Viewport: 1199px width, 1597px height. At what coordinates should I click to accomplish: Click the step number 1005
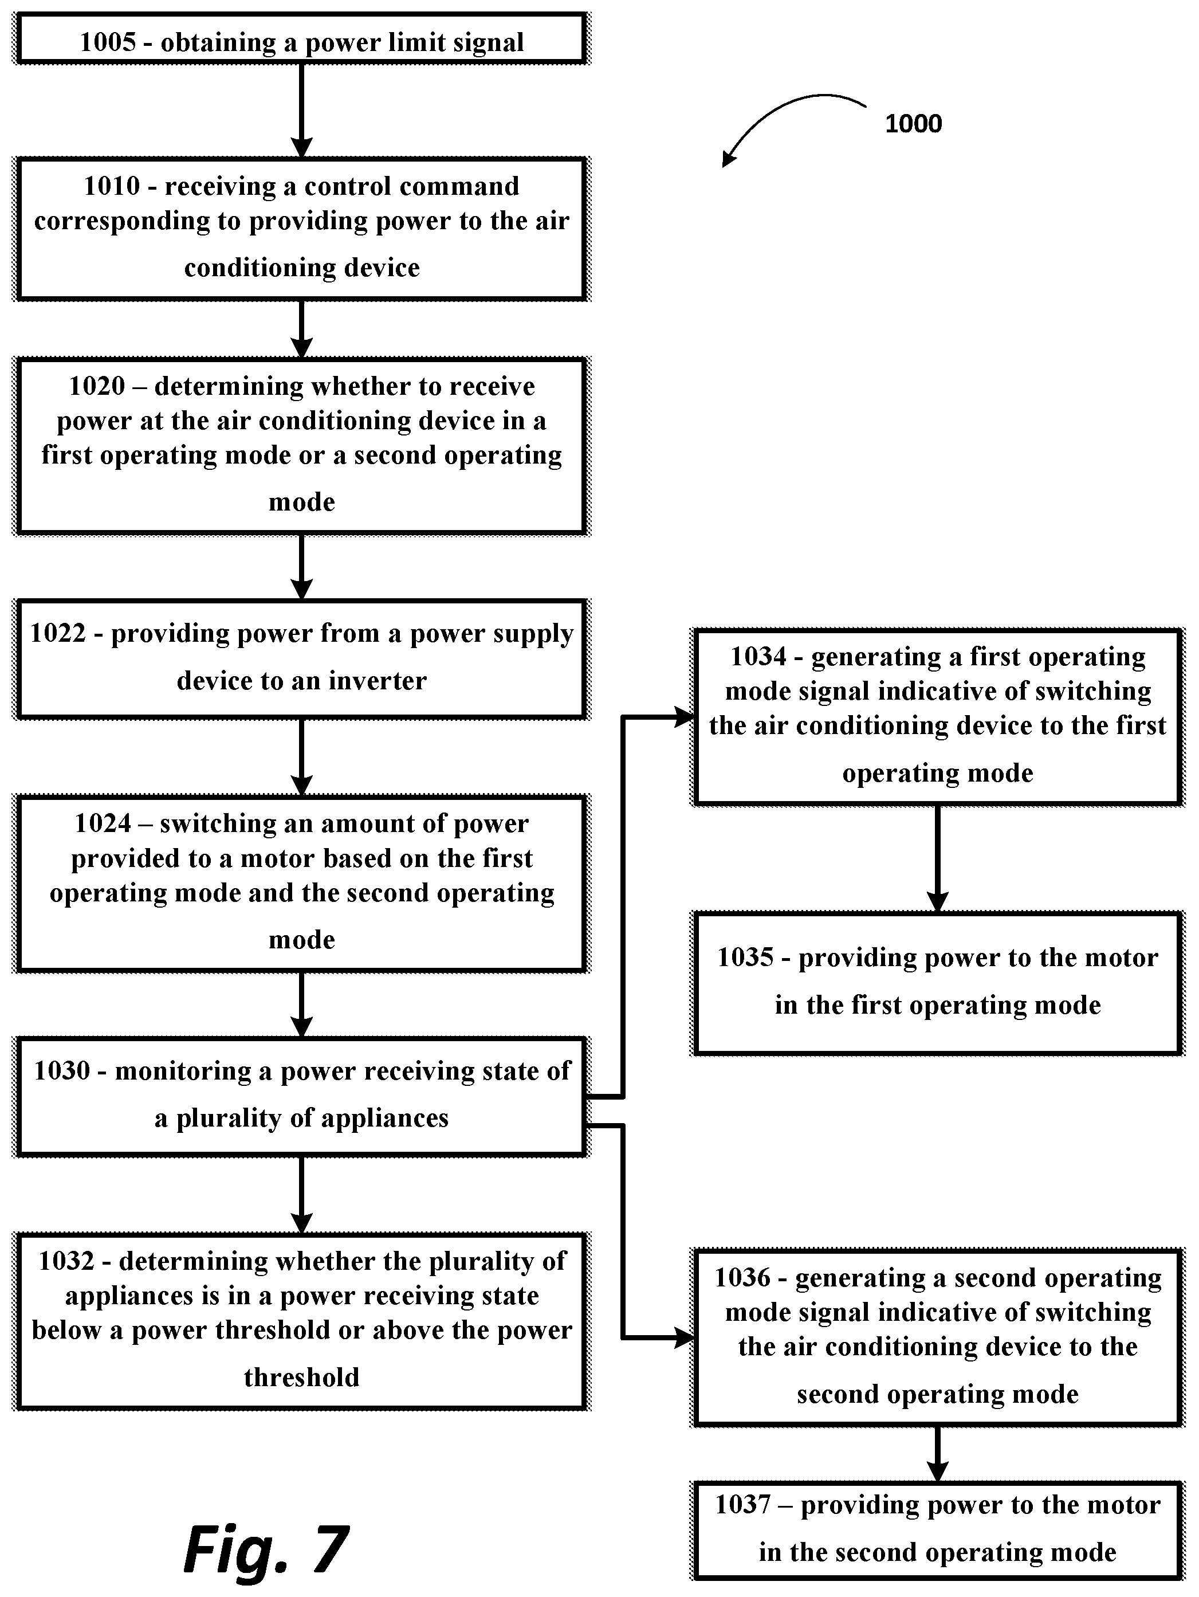point(108,42)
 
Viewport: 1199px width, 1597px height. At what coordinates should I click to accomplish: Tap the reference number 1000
point(913,123)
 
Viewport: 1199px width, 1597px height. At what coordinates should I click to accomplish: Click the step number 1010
point(112,186)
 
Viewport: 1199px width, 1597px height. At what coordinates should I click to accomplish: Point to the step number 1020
point(97,386)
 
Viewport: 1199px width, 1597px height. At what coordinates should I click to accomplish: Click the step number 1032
point(66,1261)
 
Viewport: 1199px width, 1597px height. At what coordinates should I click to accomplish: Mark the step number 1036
point(743,1277)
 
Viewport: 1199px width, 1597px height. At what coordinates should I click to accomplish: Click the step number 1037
point(744,1505)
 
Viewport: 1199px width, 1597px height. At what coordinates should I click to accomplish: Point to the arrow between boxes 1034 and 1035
point(937,858)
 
